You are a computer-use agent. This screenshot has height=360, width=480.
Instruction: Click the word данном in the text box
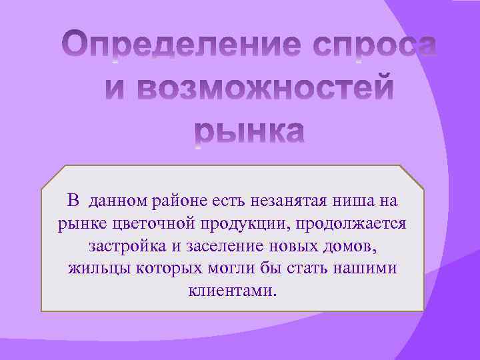[x=118, y=199]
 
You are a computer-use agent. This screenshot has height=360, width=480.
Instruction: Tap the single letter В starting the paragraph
[x=74, y=199]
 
